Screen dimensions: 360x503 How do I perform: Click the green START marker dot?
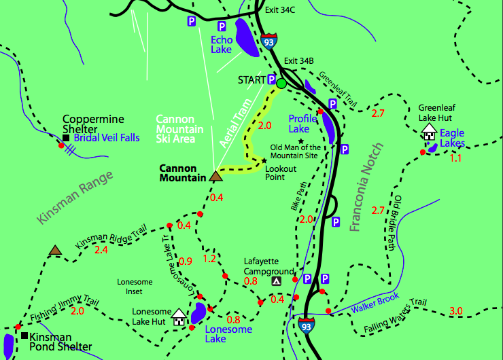(x=281, y=84)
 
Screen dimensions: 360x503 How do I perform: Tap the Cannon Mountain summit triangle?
(x=216, y=176)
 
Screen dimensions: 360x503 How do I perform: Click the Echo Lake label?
(x=222, y=44)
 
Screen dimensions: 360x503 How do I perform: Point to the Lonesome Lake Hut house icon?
(x=179, y=316)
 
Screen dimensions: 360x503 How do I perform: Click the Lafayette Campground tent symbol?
(x=276, y=281)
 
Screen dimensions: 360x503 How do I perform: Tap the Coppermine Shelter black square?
(x=66, y=138)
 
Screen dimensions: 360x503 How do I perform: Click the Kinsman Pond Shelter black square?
(x=24, y=336)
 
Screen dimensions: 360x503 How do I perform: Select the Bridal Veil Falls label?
(x=107, y=138)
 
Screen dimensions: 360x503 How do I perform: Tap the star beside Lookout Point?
(x=264, y=161)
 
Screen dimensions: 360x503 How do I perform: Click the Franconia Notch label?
(x=368, y=187)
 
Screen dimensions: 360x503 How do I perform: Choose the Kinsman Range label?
(x=75, y=197)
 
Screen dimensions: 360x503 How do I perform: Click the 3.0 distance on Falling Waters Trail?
(x=455, y=311)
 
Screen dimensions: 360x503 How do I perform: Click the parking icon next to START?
(x=271, y=79)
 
